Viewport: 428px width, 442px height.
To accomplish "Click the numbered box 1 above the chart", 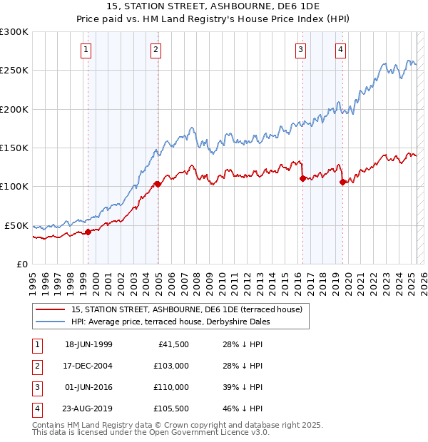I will tap(86, 50).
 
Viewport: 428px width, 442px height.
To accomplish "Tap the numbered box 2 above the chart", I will tap(156, 50).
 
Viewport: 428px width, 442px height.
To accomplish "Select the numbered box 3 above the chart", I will tap(301, 50).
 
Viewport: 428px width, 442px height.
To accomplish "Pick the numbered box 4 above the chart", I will tap(341, 50).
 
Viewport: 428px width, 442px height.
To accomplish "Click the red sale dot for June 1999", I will tap(88, 232).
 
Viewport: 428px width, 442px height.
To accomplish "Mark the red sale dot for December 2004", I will tap(158, 184).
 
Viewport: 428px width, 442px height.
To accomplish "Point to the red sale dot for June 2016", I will tap(302, 179).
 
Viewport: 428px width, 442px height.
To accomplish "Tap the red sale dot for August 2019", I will tap(343, 183).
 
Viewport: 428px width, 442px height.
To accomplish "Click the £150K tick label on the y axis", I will tap(14, 148).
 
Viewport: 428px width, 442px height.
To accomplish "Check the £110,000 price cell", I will tap(171, 387).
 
